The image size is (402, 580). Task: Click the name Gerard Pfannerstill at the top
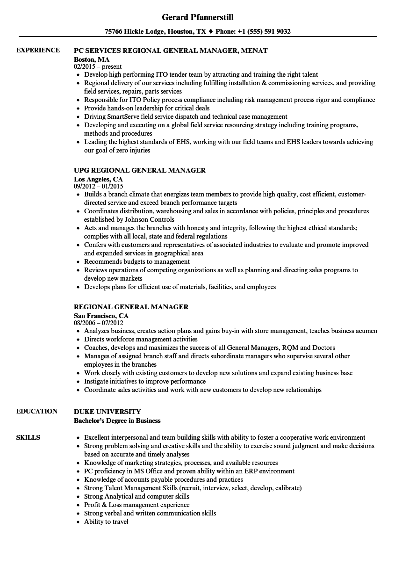point(198,17)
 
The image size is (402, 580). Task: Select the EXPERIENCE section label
point(38,50)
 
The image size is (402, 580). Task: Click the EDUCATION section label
point(37,411)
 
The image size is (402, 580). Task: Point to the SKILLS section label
point(28,437)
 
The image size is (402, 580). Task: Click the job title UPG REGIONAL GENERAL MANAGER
point(140,170)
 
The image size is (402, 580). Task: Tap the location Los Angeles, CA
point(98,179)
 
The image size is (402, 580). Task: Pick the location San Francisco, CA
point(101,316)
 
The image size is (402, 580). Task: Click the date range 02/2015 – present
point(98,66)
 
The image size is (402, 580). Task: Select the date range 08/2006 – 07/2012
point(99,323)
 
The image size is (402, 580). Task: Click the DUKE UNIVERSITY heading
point(107,412)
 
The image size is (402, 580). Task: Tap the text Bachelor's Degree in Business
point(117,420)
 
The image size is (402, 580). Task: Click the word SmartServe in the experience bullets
point(124,116)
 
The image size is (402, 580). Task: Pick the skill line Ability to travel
point(106,522)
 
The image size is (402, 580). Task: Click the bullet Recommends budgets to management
point(137,261)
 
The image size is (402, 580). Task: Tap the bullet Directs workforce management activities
point(141,339)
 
